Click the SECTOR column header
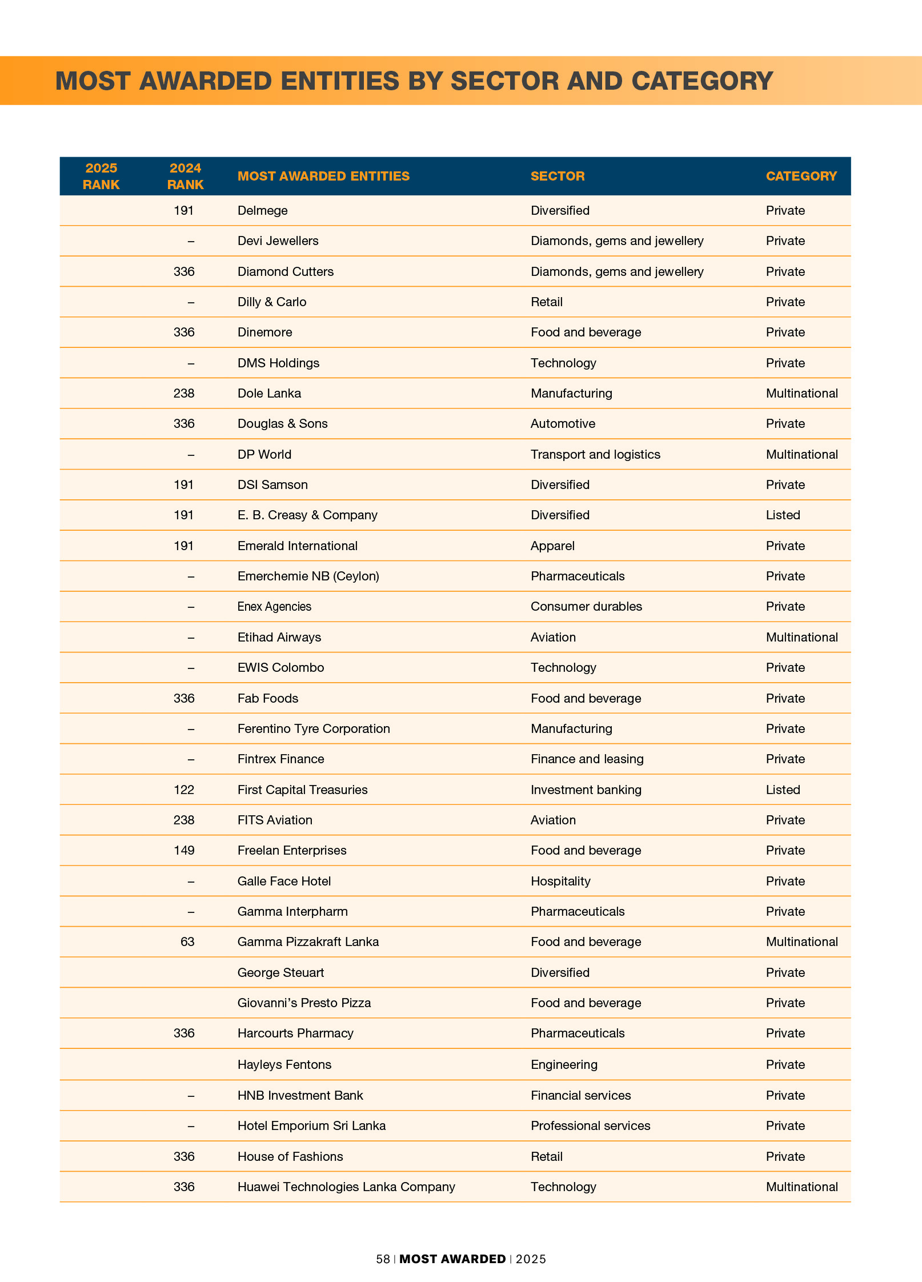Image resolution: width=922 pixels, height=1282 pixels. (x=558, y=176)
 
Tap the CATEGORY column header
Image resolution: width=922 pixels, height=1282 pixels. (x=801, y=176)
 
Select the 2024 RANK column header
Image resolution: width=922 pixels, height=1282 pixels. (x=185, y=176)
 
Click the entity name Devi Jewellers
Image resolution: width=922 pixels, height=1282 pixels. (x=278, y=241)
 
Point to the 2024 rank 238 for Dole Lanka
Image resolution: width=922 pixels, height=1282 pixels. (x=184, y=393)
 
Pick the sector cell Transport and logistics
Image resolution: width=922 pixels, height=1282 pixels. (x=595, y=454)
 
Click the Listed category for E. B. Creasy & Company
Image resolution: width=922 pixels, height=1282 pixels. (x=783, y=515)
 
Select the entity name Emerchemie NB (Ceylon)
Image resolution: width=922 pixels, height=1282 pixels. (x=308, y=576)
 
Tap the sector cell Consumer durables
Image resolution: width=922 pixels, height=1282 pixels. (x=586, y=606)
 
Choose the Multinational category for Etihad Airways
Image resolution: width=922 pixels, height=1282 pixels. (x=801, y=637)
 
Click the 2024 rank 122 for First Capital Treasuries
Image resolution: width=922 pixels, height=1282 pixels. (x=184, y=790)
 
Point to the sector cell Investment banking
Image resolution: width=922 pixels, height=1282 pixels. (x=586, y=790)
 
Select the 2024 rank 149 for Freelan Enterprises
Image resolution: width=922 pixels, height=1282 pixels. (x=184, y=850)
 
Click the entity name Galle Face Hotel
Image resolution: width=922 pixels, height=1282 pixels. (x=284, y=881)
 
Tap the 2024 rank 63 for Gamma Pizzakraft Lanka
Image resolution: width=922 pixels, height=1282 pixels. (x=187, y=942)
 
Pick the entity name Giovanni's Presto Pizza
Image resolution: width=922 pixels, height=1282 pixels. (x=304, y=1003)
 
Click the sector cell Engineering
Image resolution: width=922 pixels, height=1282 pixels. (x=564, y=1064)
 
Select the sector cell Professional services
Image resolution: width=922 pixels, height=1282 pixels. (x=590, y=1125)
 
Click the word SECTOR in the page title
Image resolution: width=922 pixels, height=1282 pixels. (x=504, y=81)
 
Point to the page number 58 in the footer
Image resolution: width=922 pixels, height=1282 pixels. (x=383, y=1259)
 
